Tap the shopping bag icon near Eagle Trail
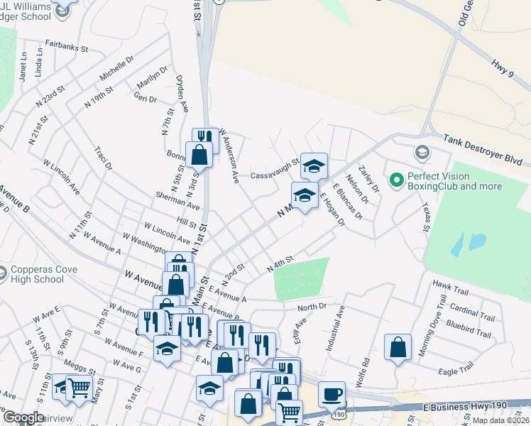[398, 347]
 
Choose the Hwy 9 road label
[505, 68]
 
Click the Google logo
[23, 417]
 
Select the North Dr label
[312, 307]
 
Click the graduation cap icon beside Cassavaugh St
[314, 166]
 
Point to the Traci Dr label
[104, 159]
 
